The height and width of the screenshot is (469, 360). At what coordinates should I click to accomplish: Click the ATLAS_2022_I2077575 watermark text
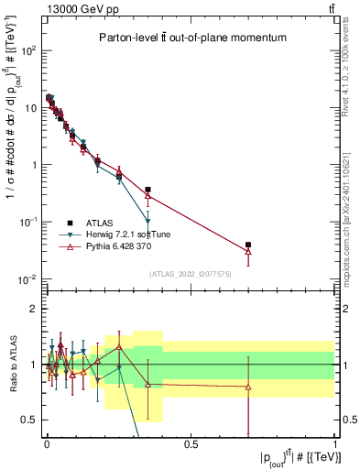point(191,274)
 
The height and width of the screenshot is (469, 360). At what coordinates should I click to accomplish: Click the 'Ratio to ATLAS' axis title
point(12,365)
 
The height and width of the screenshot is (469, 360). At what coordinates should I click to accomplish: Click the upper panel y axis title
point(12,156)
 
